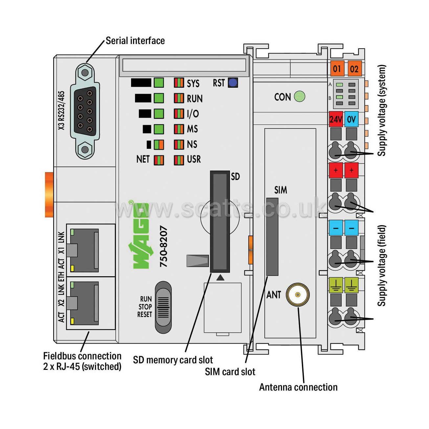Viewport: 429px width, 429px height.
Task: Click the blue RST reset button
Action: (233, 83)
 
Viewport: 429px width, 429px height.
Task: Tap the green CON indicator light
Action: (300, 96)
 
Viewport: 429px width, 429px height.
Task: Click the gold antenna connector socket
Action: (298, 295)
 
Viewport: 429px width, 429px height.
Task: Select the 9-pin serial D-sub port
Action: (85, 111)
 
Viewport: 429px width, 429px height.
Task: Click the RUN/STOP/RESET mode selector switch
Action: (163, 307)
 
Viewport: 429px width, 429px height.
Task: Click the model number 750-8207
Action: (164, 246)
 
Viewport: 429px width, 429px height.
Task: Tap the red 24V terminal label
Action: (336, 119)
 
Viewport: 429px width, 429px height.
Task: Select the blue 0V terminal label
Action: (351, 119)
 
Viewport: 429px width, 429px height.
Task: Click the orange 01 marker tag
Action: (337, 69)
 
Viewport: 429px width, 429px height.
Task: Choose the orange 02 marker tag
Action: (354, 69)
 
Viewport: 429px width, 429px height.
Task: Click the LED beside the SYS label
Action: (179, 83)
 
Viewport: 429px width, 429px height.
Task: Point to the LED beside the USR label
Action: (179, 160)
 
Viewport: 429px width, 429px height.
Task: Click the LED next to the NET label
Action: (159, 160)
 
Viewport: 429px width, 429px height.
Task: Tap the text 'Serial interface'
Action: (135, 41)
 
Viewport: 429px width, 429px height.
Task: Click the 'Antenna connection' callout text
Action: (298, 387)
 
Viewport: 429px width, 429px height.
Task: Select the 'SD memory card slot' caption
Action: (173, 360)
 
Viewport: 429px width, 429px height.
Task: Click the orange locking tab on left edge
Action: (49, 194)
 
